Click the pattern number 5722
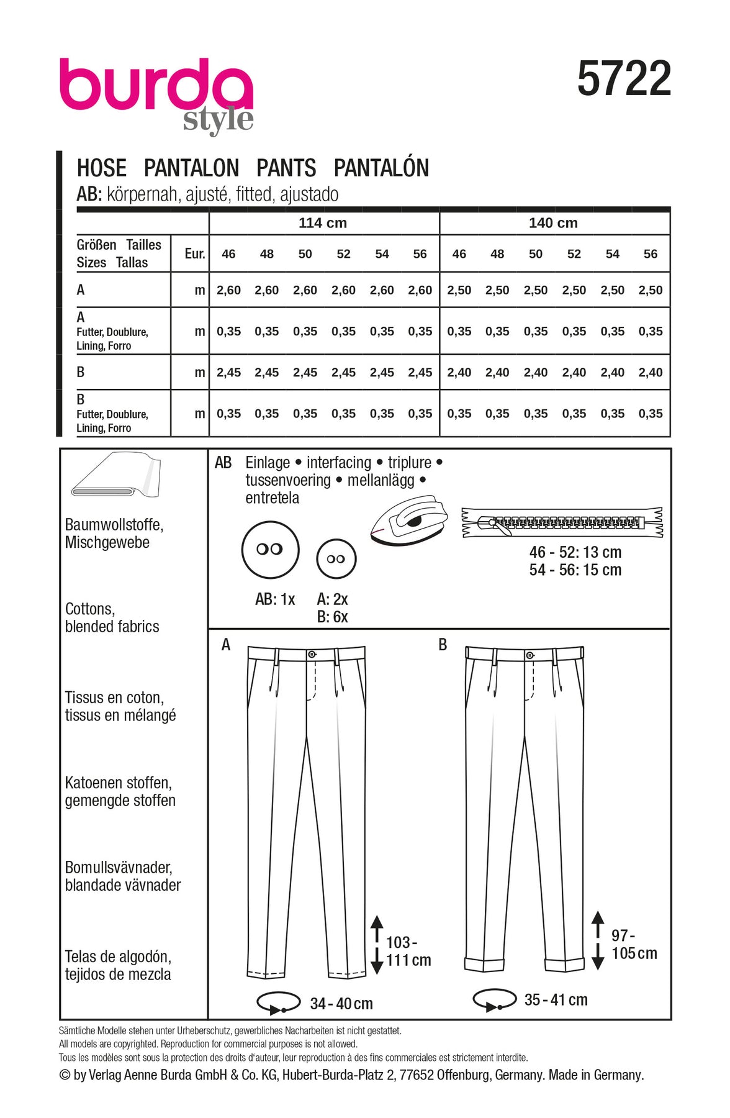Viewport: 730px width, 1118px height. click(624, 79)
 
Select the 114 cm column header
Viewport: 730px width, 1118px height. click(323, 223)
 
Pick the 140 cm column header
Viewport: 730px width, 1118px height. click(553, 223)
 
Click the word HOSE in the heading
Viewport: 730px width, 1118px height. click(101, 168)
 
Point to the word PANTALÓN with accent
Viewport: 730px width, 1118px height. click(381, 168)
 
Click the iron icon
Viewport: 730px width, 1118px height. click(409, 520)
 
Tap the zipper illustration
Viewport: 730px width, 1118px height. click(562, 522)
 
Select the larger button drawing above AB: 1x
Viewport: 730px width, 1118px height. click(270, 550)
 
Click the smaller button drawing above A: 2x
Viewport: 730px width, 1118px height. click(336, 559)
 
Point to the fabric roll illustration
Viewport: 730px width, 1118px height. click(116, 476)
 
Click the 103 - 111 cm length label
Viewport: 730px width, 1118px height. click(408, 952)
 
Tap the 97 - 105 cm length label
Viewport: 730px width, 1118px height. click(634, 945)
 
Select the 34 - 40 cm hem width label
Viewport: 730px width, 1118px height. click(341, 1003)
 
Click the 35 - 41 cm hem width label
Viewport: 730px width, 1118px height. click(556, 999)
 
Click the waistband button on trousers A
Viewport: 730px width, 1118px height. click(312, 654)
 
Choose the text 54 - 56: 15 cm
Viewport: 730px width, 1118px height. click(575, 570)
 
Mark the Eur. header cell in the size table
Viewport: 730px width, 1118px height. click(195, 253)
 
